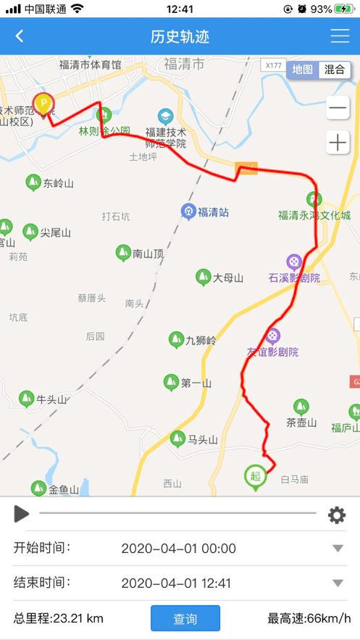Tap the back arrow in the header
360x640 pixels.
tap(20, 36)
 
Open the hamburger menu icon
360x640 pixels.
tap(339, 36)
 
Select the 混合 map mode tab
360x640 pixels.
tap(335, 70)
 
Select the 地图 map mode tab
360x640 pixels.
tap(303, 70)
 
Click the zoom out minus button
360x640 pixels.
tap(338, 109)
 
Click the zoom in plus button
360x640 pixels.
tap(338, 143)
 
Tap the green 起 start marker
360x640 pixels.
tap(255, 476)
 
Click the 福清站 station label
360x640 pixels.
tap(213, 212)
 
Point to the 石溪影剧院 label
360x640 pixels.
tap(294, 277)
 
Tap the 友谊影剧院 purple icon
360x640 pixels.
tap(272, 336)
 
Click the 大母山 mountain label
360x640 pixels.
tap(227, 278)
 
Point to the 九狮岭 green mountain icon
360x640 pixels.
tap(176, 339)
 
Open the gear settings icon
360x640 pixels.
tap(337, 515)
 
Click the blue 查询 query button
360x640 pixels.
tap(185, 618)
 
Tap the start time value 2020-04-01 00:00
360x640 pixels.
tap(178, 548)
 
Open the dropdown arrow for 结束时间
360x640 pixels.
tap(338, 583)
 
